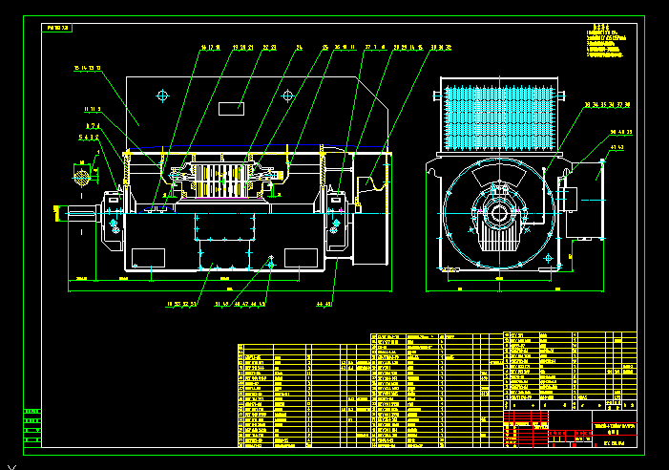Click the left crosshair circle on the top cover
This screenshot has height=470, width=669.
coord(162,96)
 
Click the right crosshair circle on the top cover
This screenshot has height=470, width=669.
coord(287,96)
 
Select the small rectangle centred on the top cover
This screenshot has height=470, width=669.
coord(231,108)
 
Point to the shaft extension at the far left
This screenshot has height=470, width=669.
coord(76,212)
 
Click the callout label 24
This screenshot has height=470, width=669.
coord(299,47)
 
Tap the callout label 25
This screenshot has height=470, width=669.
coord(324,47)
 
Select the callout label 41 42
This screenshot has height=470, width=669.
coord(616,148)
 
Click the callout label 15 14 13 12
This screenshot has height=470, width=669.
coord(87,69)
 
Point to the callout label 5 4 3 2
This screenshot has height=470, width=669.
coord(89,137)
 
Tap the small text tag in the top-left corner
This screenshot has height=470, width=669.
coord(58,29)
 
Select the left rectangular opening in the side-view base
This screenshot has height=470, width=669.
coord(148,257)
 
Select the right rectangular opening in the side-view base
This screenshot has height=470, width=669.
coord(301,257)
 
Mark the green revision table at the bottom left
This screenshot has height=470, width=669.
coord(32,426)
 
